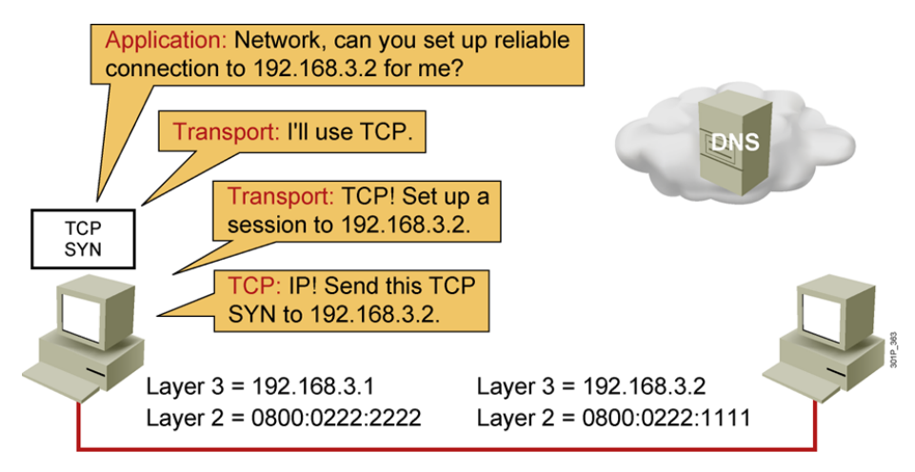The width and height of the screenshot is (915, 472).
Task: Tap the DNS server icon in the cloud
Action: (733, 143)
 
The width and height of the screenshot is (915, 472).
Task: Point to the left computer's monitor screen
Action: (84, 311)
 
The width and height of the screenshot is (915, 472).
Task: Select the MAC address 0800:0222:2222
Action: (342, 416)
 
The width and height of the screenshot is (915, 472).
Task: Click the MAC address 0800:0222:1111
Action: (672, 416)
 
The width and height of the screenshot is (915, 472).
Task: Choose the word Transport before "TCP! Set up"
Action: (280, 199)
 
